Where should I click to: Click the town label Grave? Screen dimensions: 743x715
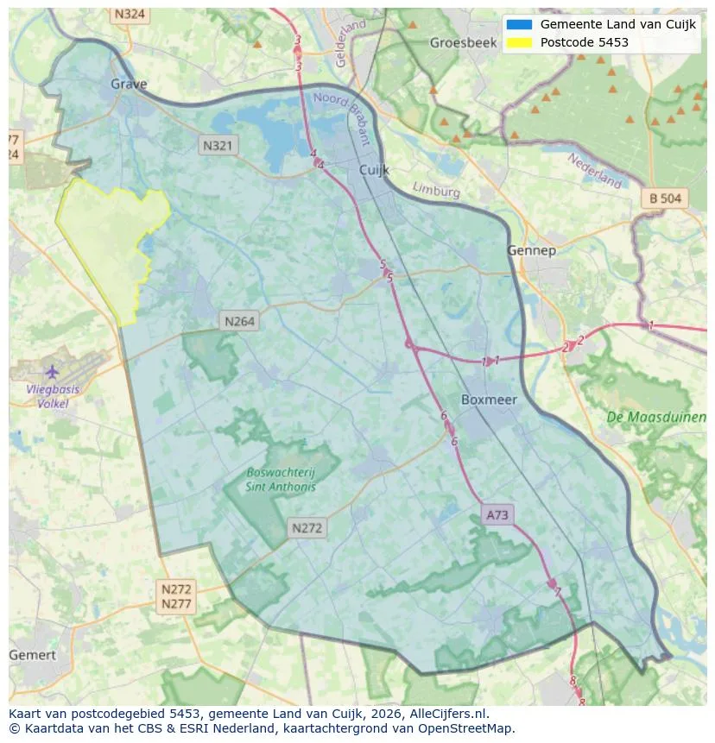pos(129,84)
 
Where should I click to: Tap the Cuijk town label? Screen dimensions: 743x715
pos(375,171)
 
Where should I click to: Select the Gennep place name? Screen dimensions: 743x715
pos(530,250)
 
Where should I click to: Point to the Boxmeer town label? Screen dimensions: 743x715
pos(489,400)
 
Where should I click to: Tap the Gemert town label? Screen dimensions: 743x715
pos(32,655)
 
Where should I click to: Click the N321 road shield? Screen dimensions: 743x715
pos(217,146)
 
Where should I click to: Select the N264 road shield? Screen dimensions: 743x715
pos(240,321)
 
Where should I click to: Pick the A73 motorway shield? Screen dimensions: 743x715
pos(498,515)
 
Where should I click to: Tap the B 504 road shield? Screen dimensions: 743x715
pos(665,198)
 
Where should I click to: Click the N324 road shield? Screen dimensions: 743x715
pos(130,15)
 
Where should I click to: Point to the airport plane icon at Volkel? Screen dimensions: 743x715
pos(52,371)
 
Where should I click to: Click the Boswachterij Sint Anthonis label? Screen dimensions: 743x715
pos(281,479)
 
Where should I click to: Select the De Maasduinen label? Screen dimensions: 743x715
pos(656,417)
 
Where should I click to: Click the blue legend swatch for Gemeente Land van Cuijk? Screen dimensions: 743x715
pos(519,24)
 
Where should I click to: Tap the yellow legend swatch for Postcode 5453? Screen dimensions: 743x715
pos(519,42)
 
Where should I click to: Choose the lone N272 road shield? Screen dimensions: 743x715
pos(307,528)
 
